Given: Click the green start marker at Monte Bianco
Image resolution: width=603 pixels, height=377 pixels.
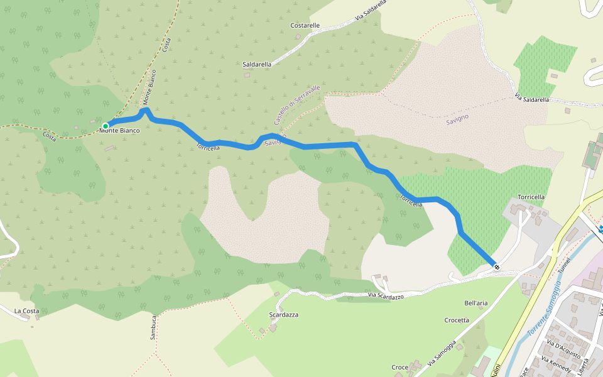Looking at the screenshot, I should coord(106,126).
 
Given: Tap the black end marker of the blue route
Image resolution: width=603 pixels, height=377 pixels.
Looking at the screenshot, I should coord(497,267).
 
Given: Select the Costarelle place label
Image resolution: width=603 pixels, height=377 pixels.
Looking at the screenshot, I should coord(305,26).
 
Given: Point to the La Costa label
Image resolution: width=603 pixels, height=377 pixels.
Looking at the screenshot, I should coord(27,311).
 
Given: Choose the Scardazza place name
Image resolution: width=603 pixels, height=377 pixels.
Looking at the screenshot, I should coord(283,314).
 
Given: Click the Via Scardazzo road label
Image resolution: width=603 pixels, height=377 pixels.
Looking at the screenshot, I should coord(386,295).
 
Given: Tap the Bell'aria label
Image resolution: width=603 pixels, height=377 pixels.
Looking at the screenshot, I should coord(475,303).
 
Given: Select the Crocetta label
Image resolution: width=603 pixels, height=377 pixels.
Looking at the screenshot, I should coord(457,320).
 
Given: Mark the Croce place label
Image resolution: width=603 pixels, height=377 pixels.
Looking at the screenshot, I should coord(399,367).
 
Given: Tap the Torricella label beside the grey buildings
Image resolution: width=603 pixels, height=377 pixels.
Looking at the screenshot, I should coord(531,197).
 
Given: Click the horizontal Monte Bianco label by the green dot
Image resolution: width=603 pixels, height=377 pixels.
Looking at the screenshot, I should coord(121,131).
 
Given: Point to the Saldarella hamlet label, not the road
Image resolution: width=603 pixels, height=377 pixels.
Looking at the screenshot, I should coord(257,64).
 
